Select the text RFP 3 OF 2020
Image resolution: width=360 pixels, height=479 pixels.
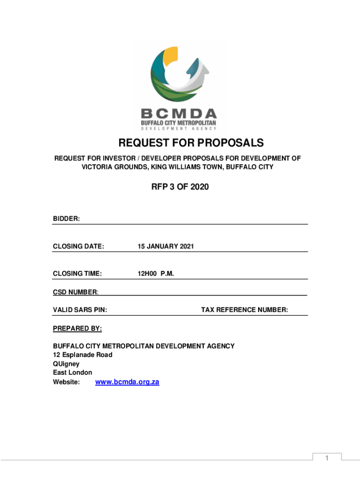180,188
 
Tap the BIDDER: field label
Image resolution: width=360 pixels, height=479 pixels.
66,218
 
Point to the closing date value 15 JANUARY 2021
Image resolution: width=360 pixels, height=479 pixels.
166,246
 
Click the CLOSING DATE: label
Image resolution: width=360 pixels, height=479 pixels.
78,246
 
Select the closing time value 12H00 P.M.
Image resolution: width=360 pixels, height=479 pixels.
156,274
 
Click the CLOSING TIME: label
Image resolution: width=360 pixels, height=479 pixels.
78,274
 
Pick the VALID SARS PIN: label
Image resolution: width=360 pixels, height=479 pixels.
80,310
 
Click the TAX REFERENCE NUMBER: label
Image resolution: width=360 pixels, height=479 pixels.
245,310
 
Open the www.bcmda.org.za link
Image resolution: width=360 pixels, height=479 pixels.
127,382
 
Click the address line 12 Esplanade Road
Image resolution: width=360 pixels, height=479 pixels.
83,355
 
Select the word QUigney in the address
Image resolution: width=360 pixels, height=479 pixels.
66,363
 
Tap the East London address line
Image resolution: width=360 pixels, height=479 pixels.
72,372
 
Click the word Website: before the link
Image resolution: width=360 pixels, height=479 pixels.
66,382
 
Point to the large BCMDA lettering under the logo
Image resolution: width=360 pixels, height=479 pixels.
180,114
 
